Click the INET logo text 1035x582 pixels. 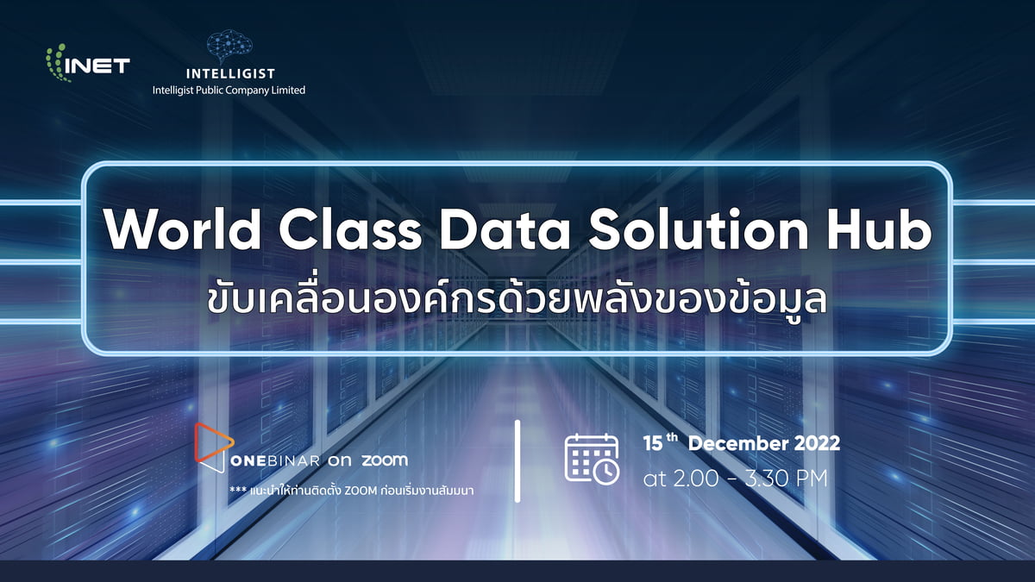pos(97,66)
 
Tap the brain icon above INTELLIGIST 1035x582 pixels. pos(229,47)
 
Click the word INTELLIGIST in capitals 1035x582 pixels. pos(230,73)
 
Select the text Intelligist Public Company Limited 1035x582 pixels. pos(229,90)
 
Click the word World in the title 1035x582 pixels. pos(183,229)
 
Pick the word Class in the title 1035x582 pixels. pos(350,229)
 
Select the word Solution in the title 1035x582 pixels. pos(699,229)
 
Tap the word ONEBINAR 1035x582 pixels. pos(275,460)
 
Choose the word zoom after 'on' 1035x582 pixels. pos(385,460)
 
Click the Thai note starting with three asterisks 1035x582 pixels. pos(351,490)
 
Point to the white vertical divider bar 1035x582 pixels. pos(517,460)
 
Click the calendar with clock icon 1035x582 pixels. pos(592,459)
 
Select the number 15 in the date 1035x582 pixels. pos(653,443)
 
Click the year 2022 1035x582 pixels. pos(817,443)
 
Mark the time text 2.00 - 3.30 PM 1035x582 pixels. pos(750,479)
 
